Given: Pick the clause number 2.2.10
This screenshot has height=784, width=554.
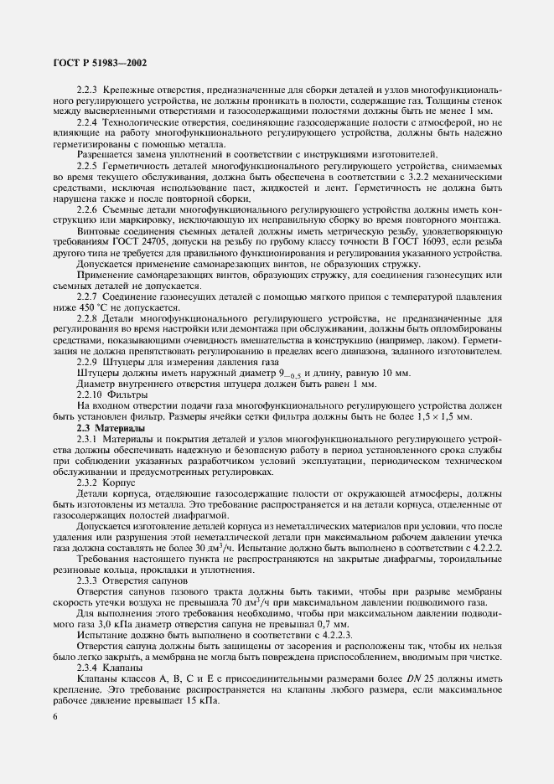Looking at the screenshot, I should pos(90,394).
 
